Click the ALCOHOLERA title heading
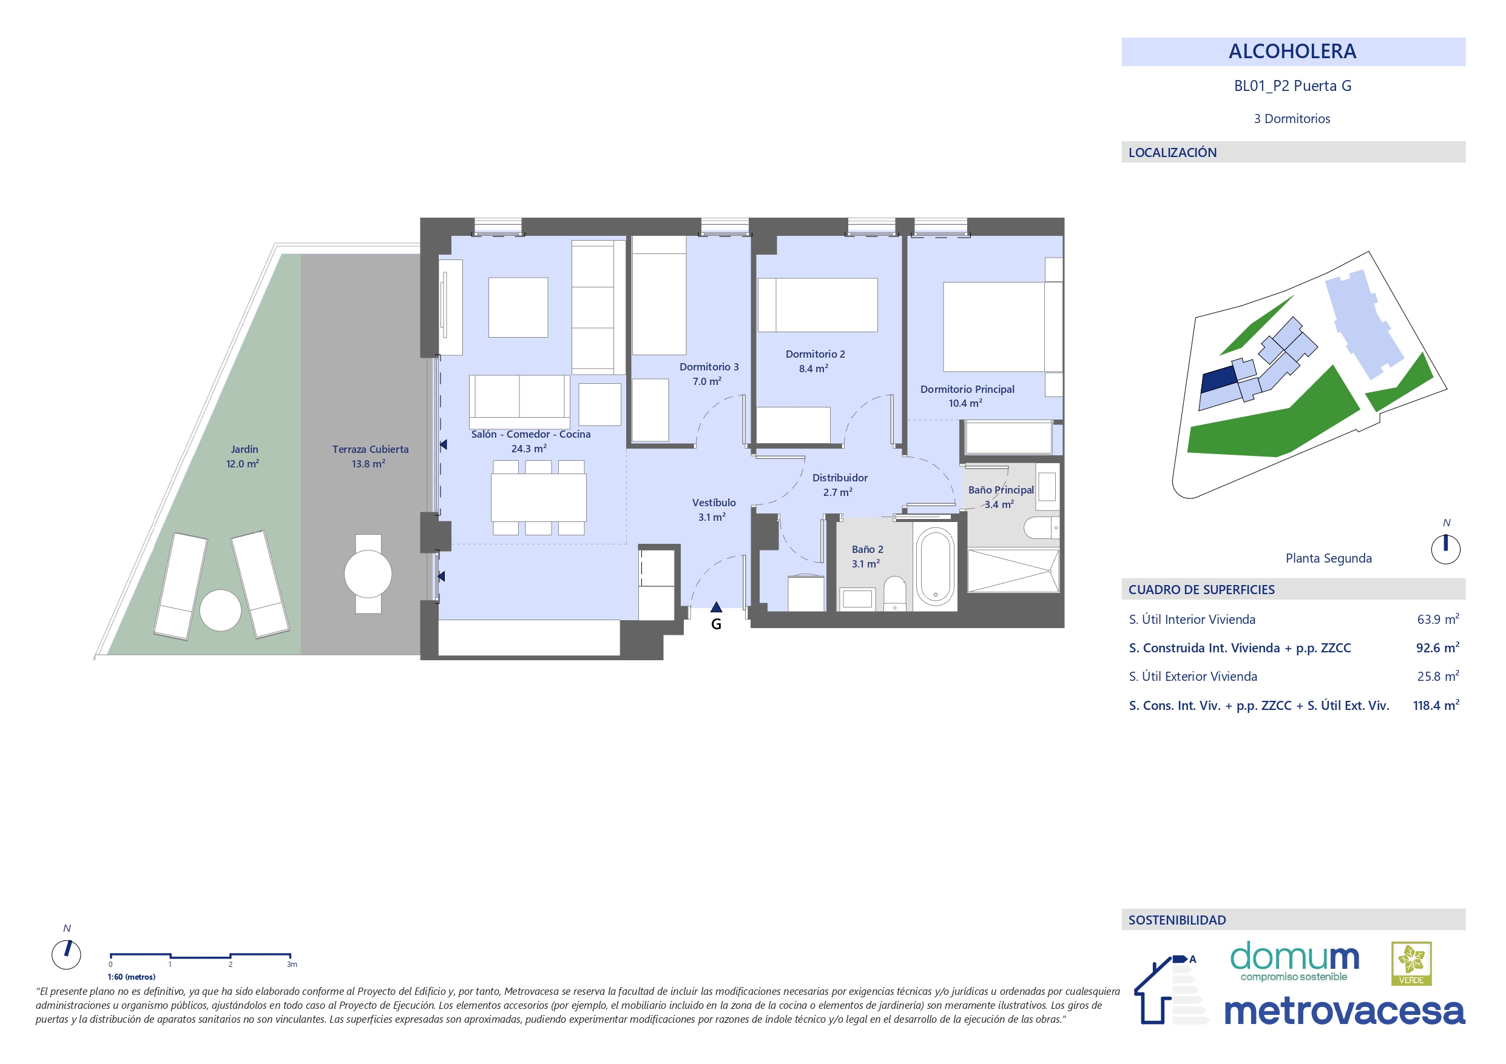pyautogui.click(x=1292, y=51)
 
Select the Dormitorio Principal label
pyautogui.click(x=967, y=389)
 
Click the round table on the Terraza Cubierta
pyautogui.click(x=368, y=574)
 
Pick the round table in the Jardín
pyautogui.click(x=220, y=611)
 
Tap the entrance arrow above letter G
pyautogui.click(x=716, y=607)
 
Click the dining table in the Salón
pyautogui.click(x=539, y=498)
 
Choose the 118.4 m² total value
pyautogui.click(x=1436, y=706)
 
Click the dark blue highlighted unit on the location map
pyautogui.click(x=1218, y=379)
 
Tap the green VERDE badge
pyautogui.click(x=1411, y=964)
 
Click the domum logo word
pyautogui.click(x=1294, y=957)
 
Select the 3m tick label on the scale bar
pyautogui.click(x=292, y=965)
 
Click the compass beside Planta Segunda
pyautogui.click(x=1446, y=549)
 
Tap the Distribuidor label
pyautogui.click(x=840, y=478)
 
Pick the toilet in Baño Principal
pyautogui.click(x=1042, y=527)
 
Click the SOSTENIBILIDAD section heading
pyautogui.click(x=1177, y=920)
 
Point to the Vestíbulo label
pyautogui.click(x=714, y=503)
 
